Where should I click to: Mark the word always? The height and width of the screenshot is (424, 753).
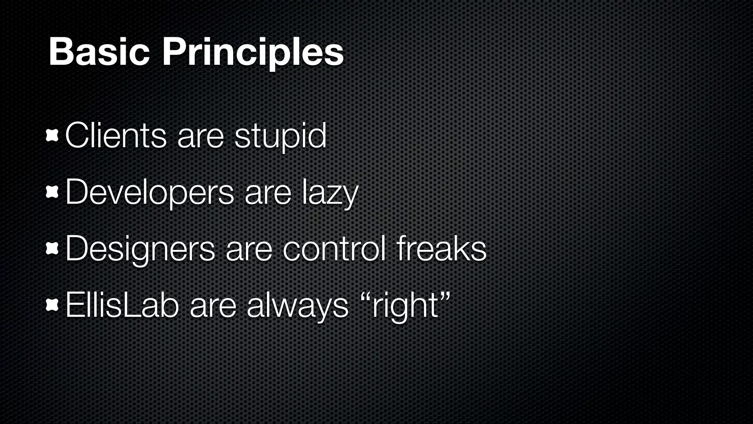click(297, 306)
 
